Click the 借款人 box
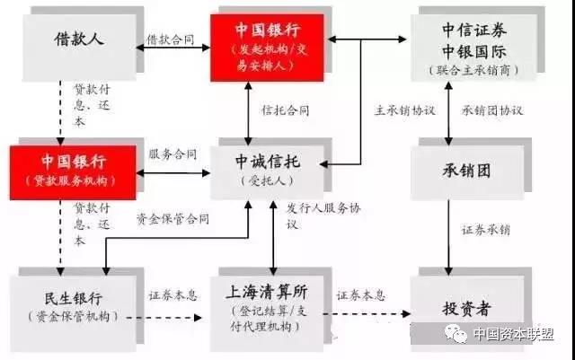79,48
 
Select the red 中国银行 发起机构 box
267,48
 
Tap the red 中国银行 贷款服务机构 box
73,172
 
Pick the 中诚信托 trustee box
267,172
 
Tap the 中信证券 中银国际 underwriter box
473,48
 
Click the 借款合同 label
171,40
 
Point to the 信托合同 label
286,110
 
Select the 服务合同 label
172,154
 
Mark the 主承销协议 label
405,110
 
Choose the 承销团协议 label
492,110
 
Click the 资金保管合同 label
172,219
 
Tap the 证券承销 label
486,230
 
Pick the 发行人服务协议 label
323,216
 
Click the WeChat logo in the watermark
456,333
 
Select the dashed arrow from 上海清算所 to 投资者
367,314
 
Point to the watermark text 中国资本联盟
513,334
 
